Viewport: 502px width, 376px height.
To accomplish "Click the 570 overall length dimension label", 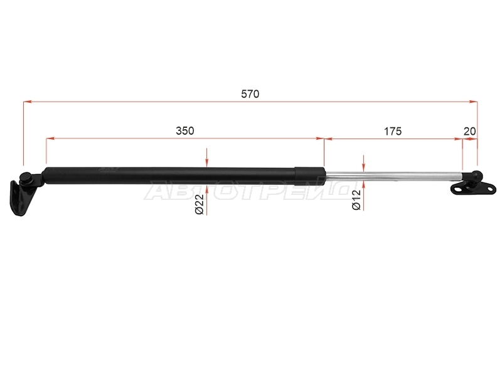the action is point(250,94).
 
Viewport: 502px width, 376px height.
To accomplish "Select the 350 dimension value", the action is point(185,131).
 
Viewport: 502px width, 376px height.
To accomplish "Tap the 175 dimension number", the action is point(393,131).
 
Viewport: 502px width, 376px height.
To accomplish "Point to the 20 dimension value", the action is point(469,131).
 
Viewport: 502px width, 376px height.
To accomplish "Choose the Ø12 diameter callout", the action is point(356,200).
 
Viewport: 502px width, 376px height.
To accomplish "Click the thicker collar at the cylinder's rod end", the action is point(309,175).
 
